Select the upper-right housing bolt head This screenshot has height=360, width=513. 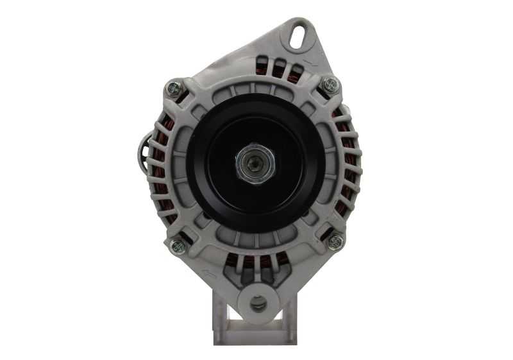click(x=330, y=84)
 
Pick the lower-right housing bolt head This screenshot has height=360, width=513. click(x=335, y=242)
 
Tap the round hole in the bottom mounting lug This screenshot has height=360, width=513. click(x=260, y=302)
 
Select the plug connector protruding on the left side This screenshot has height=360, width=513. click(x=142, y=151)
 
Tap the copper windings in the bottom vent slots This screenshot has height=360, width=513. click(x=256, y=263)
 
